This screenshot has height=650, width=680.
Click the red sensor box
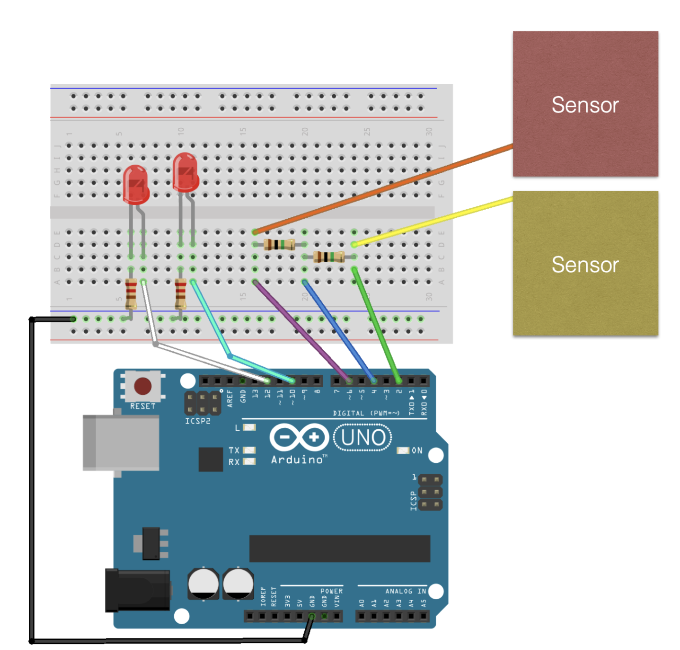(585, 104)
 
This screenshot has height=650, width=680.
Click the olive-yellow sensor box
(585, 263)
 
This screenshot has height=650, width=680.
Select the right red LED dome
(185, 172)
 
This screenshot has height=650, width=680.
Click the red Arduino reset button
(143, 386)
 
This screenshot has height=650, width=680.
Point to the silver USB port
(121, 443)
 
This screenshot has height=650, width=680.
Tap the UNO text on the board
(363, 437)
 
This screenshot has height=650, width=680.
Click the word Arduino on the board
(297, 460)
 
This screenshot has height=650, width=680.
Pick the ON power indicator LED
(403, 450)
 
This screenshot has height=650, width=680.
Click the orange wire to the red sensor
(383, 190)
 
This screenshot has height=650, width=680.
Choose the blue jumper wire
(339, 331)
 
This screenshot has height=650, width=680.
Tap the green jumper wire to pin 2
(377, 325)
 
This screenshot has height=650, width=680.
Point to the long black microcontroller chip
(340, 549)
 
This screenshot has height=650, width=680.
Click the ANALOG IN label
(406, 591)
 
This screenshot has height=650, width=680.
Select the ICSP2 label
(198, 421)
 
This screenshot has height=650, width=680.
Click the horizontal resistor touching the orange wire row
(279, 245)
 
